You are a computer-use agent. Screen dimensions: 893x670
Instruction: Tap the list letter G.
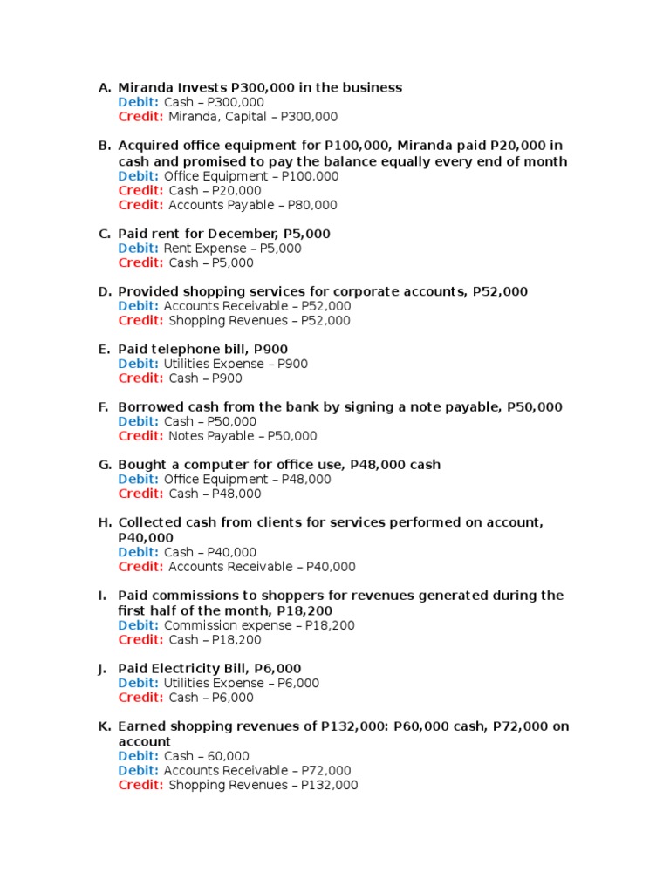pos(104,465)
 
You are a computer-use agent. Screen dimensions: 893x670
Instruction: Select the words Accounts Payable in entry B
pos(221,205)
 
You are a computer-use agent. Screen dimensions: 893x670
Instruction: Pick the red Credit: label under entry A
pos(140,117)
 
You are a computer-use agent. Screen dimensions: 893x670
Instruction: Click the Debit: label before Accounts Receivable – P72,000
pos(139,771)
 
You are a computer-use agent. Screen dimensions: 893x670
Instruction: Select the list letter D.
pos(104,291)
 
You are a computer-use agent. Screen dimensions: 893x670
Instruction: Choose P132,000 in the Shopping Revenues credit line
pos(329,785)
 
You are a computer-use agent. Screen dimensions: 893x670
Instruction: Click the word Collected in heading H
pos(150,522)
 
